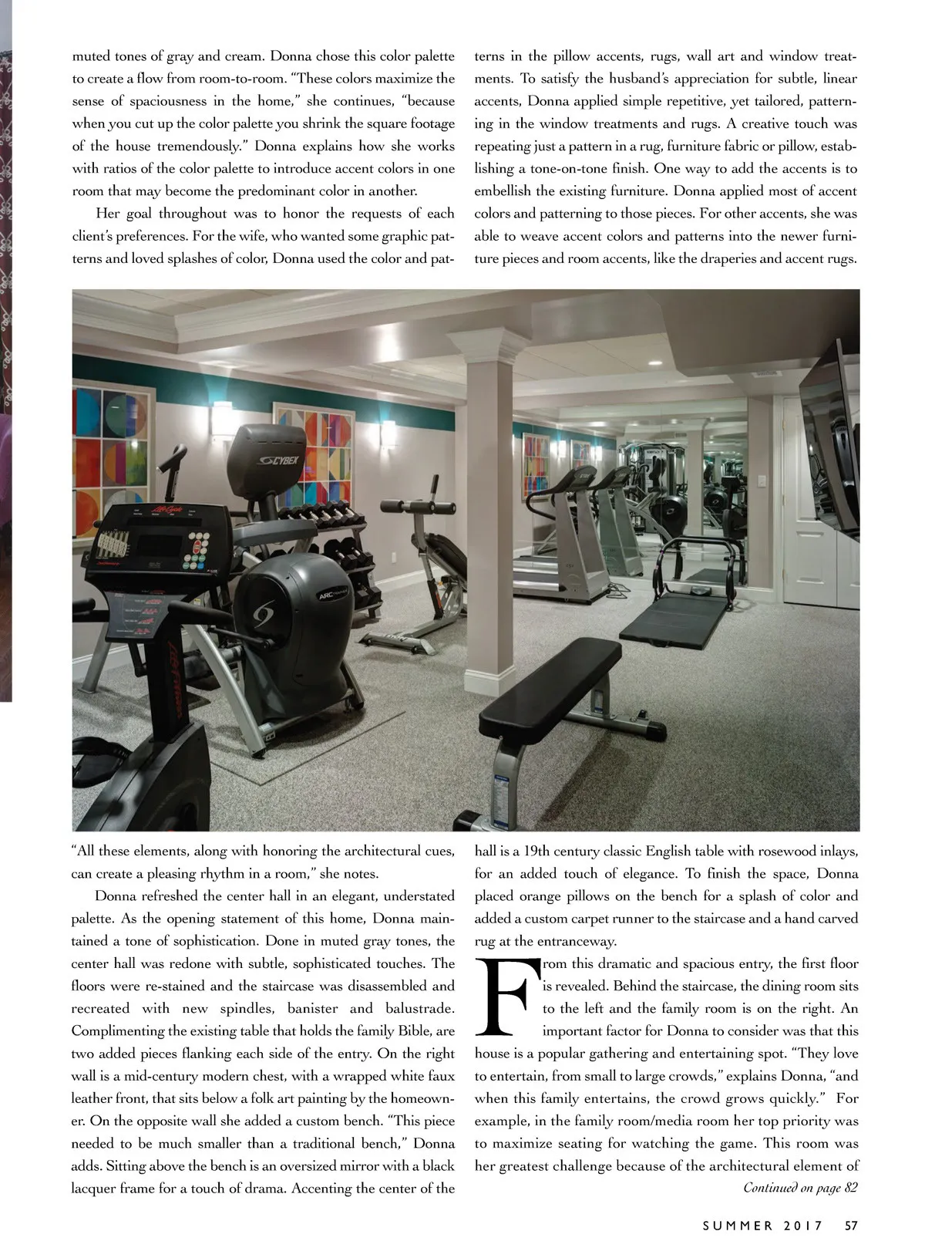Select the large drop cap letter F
tap(506, 997)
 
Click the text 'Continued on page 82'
tap(800, 1188)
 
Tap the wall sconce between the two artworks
tap(221, 416)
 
